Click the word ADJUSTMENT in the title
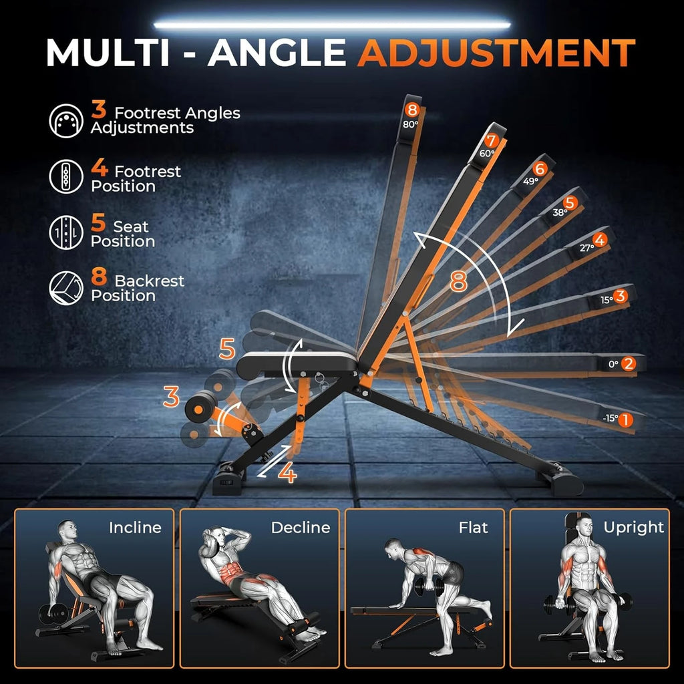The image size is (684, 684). click(x=496, y=53)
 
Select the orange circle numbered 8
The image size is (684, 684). click(x=411, y=110)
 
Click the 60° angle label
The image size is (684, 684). click(x=487, y=153)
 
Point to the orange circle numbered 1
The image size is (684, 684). click(x=626, y=419)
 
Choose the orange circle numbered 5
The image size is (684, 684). click(x=570, y=202)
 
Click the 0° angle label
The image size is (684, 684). click(x=613, y=364)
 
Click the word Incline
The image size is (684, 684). click(x=136, y=528)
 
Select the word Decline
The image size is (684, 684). click(x=301, y=528)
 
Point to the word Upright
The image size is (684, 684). click(x=633, y=528)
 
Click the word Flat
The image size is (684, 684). click(x=473, y=528)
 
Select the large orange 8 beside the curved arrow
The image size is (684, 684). click(x=458, y=281)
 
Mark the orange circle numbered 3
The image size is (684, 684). click(x=621, y=296)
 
